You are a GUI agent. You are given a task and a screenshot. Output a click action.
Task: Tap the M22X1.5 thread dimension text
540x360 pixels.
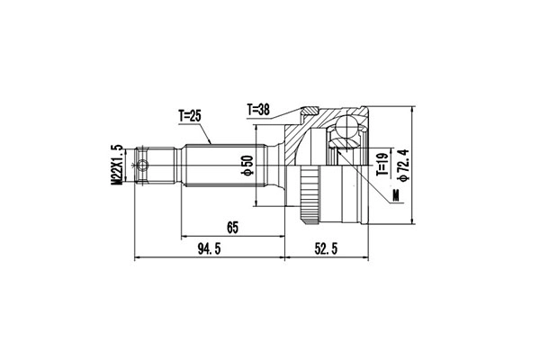tap(116, 166)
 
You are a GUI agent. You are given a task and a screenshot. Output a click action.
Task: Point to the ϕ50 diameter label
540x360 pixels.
tap(245, 166)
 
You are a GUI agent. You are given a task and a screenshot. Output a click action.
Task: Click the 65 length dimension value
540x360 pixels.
tap(231, 229)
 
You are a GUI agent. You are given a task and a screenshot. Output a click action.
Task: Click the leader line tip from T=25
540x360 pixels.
tap(211, 144)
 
